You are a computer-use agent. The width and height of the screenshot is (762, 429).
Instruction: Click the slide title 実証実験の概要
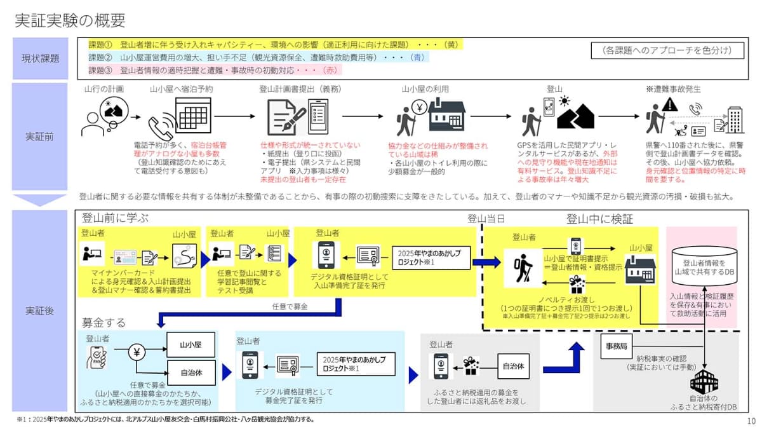[x=70, y=20]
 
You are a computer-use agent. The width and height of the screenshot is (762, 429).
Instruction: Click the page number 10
[x=751, y=421]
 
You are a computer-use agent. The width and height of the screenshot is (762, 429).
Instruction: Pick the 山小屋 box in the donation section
[x=191, y=344]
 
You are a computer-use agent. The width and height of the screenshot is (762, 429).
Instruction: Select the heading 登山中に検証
[x=599, y=219]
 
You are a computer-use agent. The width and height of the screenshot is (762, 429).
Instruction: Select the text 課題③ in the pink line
[x=100, y=70]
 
